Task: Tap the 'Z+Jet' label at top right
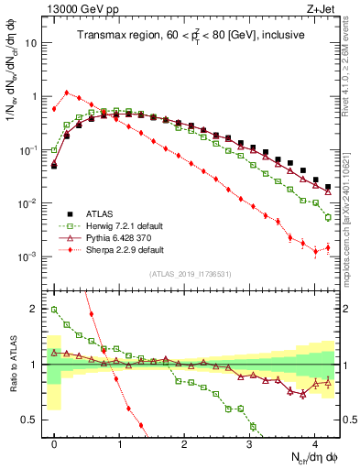(322, 8)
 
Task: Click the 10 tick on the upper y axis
(32, 43)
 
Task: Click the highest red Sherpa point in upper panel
(67, 92)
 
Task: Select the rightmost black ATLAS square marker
(328, 187)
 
